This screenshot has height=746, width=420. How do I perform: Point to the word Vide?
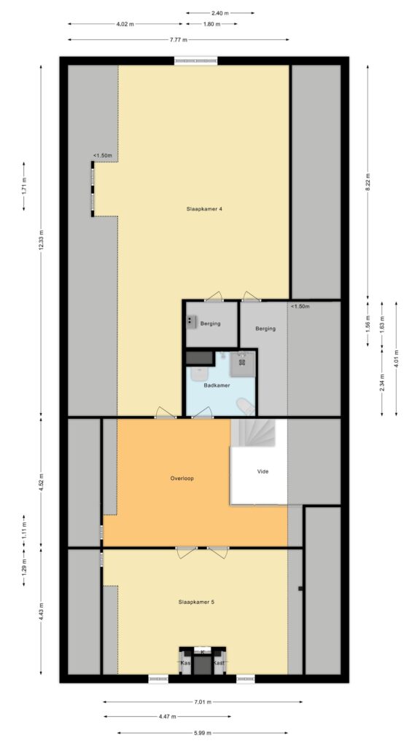coord(262,471)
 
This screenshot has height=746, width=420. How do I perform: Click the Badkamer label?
coord(217,385)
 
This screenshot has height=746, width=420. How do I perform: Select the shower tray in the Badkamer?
coord(241,362)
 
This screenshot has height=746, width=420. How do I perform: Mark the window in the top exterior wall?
coord(195,61)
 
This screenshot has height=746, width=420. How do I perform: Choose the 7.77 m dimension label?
coord(179,39)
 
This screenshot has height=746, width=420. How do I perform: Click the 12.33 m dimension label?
coord(42,246)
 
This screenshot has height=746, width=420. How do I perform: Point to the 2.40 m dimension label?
coord(219,13)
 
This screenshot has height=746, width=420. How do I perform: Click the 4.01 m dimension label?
coord(395,356)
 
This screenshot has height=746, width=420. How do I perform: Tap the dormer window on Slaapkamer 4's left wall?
coord(93,188)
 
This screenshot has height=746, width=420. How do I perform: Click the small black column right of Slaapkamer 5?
coord(300,588)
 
